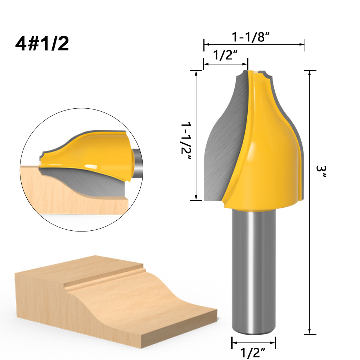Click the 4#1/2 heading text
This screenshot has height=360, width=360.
click(x=42, y=44)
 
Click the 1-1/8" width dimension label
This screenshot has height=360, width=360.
click(x=251, y=37)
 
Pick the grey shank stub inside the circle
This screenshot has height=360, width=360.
click(x=136, y=162)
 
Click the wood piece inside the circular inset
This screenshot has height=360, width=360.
click(x=72, y=194)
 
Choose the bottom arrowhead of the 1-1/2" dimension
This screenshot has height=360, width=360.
click(x=196, y=198)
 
